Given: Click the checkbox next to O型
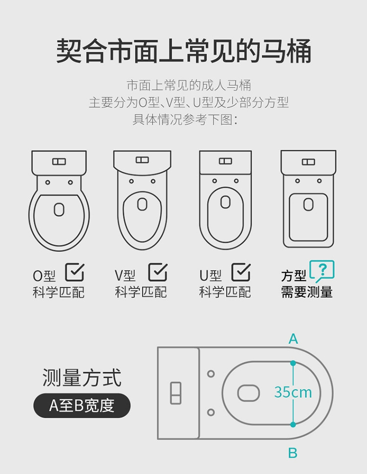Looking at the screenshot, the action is pyautogui.click(x=75, y=272).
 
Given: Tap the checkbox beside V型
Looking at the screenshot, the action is pyautogui.click(x=158, y=272).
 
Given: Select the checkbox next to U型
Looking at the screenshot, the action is pyautogui.click(x=241, y=272).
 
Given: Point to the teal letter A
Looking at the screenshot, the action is pyautogui.click(x=293, y=339).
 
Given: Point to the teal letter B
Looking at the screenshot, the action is pyautogui.click(x=293, y=453).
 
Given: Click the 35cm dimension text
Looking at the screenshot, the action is pyautogui.click(x=293, y=392).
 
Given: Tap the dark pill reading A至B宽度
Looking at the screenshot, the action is pyautogui.click(x=82, y=406).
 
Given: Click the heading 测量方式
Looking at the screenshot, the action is pyautogui.click(x=82, y=378).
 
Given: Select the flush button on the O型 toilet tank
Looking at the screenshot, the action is pyautogui.click(x=59, y=161).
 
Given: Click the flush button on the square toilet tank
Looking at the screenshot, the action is pyautogui.click(x=308, y=162).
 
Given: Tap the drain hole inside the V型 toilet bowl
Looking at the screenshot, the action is pyautogui.click(x=142, y=204).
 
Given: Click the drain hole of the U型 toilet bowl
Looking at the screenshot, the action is pyautogui.click(x=225, y=202).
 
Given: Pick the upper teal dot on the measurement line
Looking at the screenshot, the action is pyautogui.click(x=293, y=363).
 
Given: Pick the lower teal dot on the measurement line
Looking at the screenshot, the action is pyautogui.click(x=293, y=425).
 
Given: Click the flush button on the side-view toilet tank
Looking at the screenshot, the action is pyautogui.click(x=176, y=393).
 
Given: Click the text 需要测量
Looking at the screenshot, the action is pyautogui.click(x=307, y=292).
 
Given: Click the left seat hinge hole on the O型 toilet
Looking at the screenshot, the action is pyautogui.click(x=48, y=182).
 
